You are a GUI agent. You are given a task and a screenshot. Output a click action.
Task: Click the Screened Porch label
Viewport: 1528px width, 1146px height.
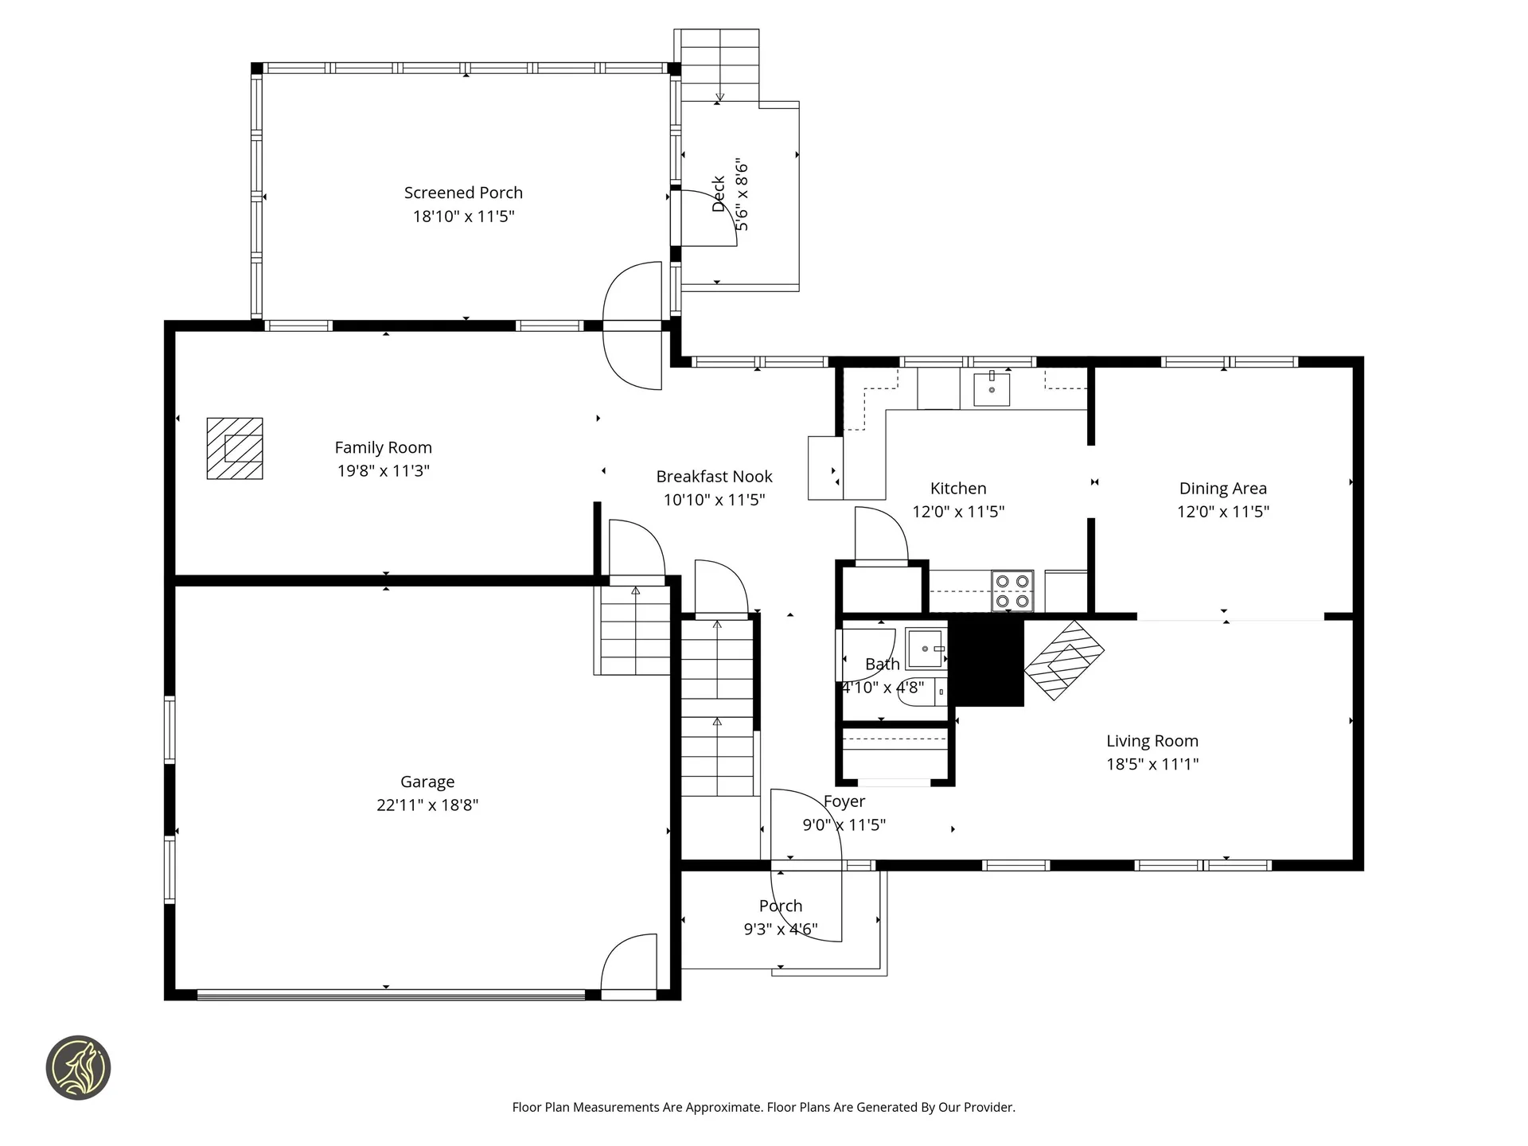pos(463,193)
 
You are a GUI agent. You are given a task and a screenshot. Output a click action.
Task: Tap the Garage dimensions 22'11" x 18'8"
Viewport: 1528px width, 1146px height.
pos(427,805)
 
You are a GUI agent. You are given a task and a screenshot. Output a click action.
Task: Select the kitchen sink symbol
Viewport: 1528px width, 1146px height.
pos(992,389)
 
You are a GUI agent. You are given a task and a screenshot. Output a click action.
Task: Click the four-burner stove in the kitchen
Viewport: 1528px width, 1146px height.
pos(1012,591)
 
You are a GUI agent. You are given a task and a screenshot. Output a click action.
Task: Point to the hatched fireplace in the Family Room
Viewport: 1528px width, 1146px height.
pos(235,449)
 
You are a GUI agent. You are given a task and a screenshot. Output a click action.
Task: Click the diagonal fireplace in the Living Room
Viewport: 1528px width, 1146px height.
pos(1064,660)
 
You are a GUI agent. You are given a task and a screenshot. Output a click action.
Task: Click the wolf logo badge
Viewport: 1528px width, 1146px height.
pos(78,1068)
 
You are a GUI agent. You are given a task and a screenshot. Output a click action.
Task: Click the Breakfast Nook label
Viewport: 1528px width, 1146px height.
pos(714,477)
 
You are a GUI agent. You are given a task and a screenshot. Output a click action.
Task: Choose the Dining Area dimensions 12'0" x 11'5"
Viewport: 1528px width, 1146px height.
pos(1222,512)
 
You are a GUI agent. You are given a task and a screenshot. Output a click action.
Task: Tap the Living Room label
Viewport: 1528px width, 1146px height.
pos(1152,741)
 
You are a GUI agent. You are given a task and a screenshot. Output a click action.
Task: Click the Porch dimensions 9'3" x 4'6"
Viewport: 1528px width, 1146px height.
pos(781,929)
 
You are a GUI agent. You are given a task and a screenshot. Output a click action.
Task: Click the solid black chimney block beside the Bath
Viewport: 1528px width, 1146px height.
pos(987,661)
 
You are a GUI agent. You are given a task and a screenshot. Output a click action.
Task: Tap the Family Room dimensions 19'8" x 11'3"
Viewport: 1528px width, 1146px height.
pos(383,471)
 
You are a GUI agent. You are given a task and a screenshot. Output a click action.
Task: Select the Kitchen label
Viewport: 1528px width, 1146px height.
pos(958,489)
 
